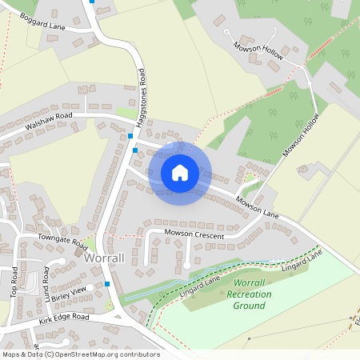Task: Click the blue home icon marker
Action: [180, 172]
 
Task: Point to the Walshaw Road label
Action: [49, 122]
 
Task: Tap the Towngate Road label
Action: [62, 239]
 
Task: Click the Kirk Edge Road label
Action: [64, 319]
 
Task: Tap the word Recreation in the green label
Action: [249, 294]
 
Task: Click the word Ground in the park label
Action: [249, 306]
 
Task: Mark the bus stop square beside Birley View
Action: [107, 284]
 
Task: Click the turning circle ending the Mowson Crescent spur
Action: [187, 265]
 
